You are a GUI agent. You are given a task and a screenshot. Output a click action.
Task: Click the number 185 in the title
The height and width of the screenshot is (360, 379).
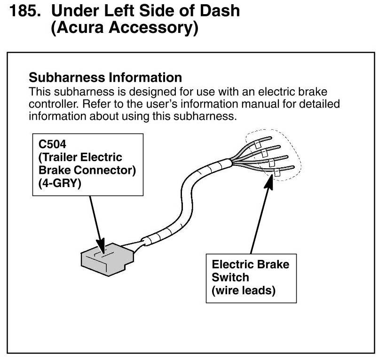[x=25, y=11]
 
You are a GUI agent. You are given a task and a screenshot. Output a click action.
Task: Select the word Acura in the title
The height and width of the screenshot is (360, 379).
[x=80, y=27]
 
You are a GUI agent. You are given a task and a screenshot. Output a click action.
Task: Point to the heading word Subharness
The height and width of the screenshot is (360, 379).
[x=67, y=78]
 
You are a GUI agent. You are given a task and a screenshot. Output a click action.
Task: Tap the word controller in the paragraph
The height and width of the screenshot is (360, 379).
[x=54, y=104]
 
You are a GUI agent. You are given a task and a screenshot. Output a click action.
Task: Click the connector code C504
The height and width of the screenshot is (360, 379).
[x=52, y=144]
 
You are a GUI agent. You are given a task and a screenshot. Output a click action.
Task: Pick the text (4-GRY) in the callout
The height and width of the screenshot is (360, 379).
[x=60, y=183]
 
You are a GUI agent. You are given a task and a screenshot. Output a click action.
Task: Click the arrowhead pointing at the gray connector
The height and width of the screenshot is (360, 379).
[x=102, y=246]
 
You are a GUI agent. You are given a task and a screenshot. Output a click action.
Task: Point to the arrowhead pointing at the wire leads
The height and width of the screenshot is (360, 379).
[x=269, y=181]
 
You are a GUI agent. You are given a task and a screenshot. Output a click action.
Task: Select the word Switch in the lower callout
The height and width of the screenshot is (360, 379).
[x=230, y=277]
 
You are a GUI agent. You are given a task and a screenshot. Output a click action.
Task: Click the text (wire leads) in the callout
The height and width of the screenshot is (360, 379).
[x=244, y=290]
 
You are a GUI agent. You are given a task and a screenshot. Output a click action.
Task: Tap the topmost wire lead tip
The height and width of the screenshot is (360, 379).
[x=271, y=138]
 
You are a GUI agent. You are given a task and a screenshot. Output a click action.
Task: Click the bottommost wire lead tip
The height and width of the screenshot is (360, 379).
[x=293, y=167]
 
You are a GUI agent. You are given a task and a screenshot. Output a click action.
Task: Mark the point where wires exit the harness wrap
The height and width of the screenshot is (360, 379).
[x=231, y=162]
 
